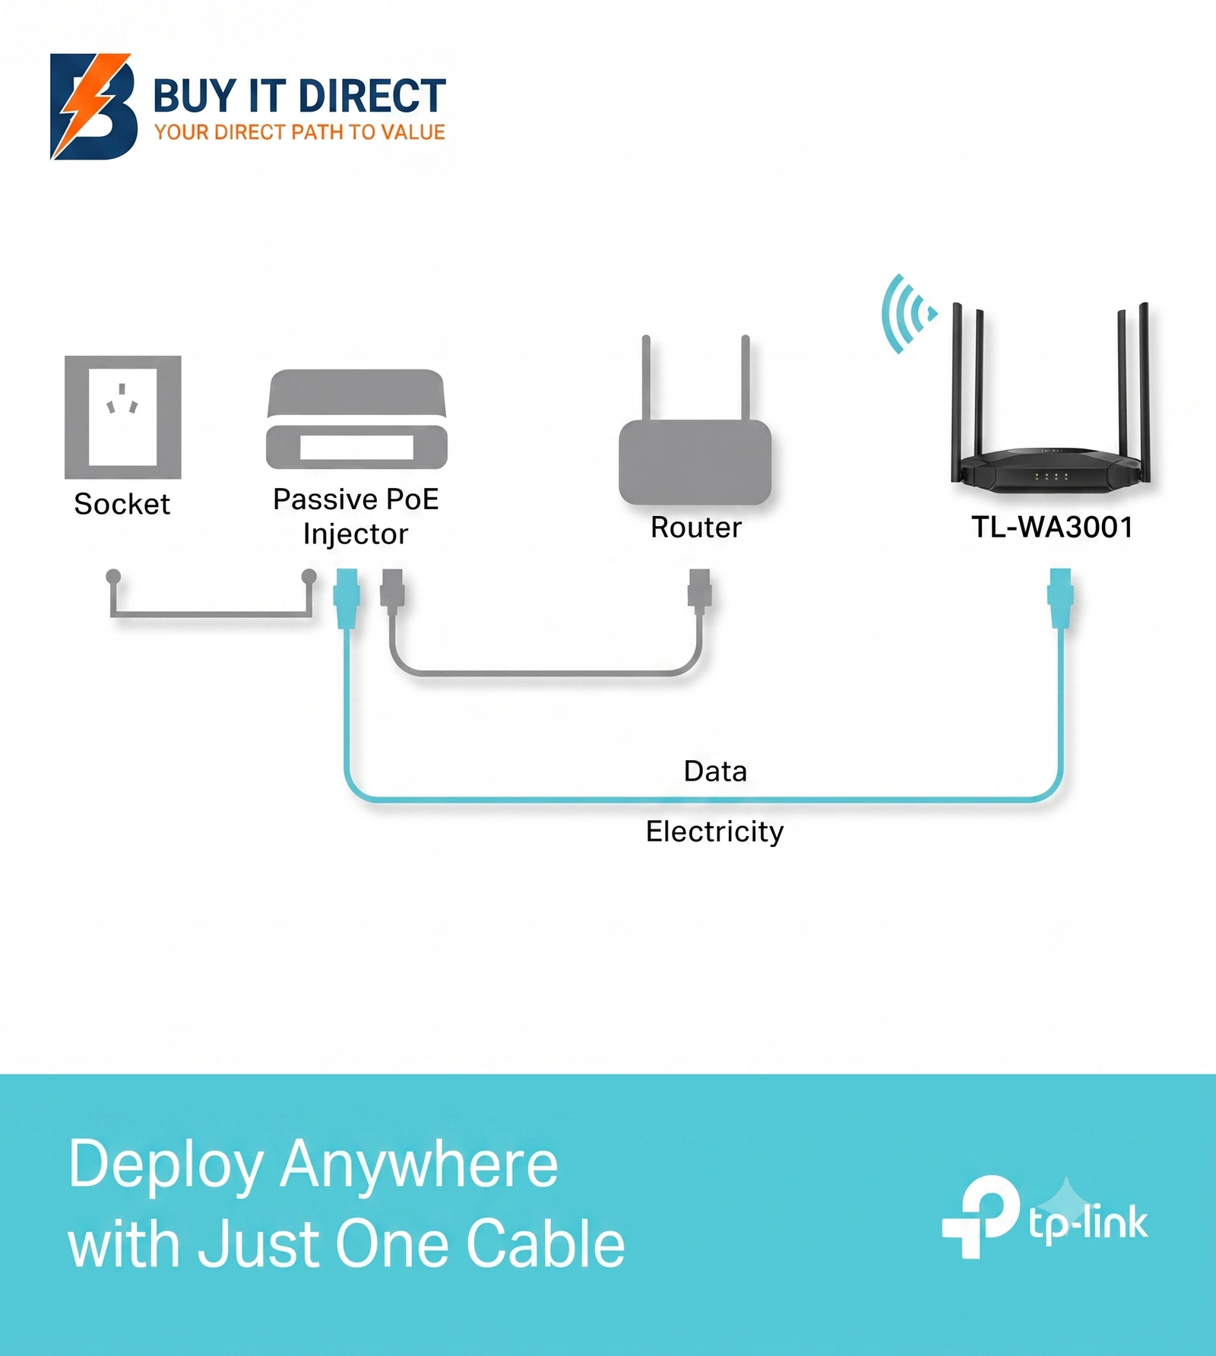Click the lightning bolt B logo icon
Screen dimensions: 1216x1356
point(93,106)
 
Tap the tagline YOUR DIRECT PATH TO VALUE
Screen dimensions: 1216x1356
point(299,132)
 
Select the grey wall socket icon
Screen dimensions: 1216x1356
point(122,417)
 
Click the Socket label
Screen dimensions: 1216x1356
point(122,504)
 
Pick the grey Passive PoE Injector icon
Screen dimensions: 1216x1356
point(356,419)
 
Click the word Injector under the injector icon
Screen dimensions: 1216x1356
point(355,534)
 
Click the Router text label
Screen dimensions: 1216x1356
point(696,528)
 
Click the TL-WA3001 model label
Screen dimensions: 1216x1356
point(1053,527)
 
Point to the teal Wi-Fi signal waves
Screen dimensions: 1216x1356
point(907,313)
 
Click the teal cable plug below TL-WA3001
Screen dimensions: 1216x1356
point(1059,598)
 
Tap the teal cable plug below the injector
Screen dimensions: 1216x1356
point(347,598)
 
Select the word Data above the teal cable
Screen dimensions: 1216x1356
point(715,771)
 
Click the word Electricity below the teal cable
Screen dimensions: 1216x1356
point(714,832)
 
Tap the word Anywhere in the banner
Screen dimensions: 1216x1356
point(420,1164)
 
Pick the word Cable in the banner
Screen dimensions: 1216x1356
point(545,1244)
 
